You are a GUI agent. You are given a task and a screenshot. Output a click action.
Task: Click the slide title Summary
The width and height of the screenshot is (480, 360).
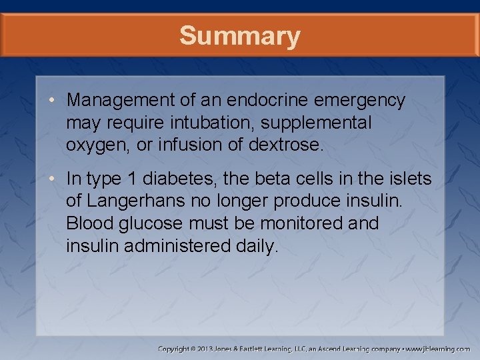pos(239,35)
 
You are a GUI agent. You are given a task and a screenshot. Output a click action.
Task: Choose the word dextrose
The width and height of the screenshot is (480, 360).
pos(287,145)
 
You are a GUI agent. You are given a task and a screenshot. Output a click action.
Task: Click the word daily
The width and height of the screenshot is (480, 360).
pos(256,247)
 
